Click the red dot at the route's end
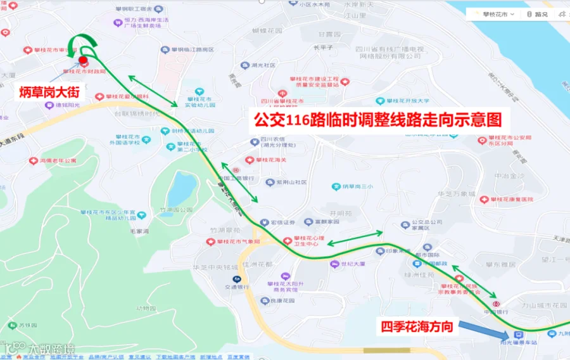point(83,60)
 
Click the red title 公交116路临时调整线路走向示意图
point(377,120)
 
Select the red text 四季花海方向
point(416,327)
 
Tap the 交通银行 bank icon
point(237,279)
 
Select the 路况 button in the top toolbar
point(538,14)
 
